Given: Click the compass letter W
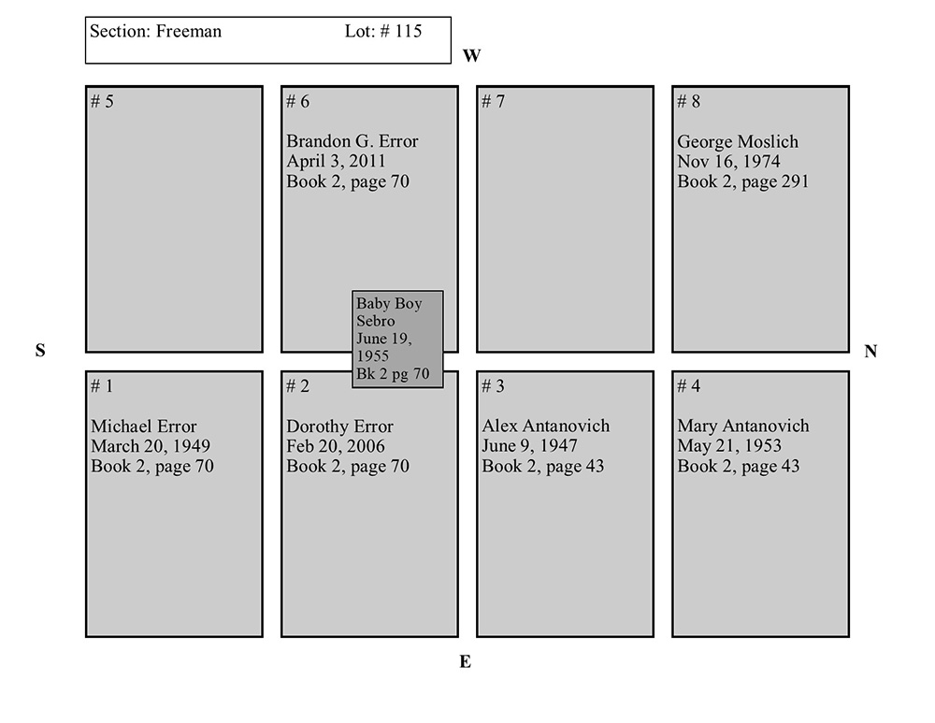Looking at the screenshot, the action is (x=471, y=56).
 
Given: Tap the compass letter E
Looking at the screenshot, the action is (x=465, y=662).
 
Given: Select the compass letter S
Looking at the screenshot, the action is (x=40, y=351).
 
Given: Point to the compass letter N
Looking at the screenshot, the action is (x=870, y=352).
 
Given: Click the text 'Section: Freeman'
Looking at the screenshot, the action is (x=156, y=31).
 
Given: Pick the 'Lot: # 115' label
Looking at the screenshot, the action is (x=383, y=31).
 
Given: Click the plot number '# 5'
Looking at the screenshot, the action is (x=103, y=101).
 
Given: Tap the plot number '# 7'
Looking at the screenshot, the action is (x=494, y=101).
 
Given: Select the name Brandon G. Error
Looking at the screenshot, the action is (x=352, y=141).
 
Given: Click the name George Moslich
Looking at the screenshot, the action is (x=738, y=142).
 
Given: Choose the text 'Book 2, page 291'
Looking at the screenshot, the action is (x=743, y=181).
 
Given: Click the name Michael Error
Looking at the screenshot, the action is (x=144, y=427).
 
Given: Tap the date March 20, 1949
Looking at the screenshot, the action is (x=151, y=446).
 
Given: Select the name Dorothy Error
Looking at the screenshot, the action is (x=340, y=427).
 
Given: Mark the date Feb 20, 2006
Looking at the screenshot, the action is (x=336, y=446).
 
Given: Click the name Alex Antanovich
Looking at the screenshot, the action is (x=546, y=427).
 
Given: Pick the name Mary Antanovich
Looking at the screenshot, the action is (x=743, y=427).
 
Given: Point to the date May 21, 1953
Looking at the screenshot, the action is (x=729, y=446).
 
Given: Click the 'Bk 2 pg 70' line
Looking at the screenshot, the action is (x=393, y=374).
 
